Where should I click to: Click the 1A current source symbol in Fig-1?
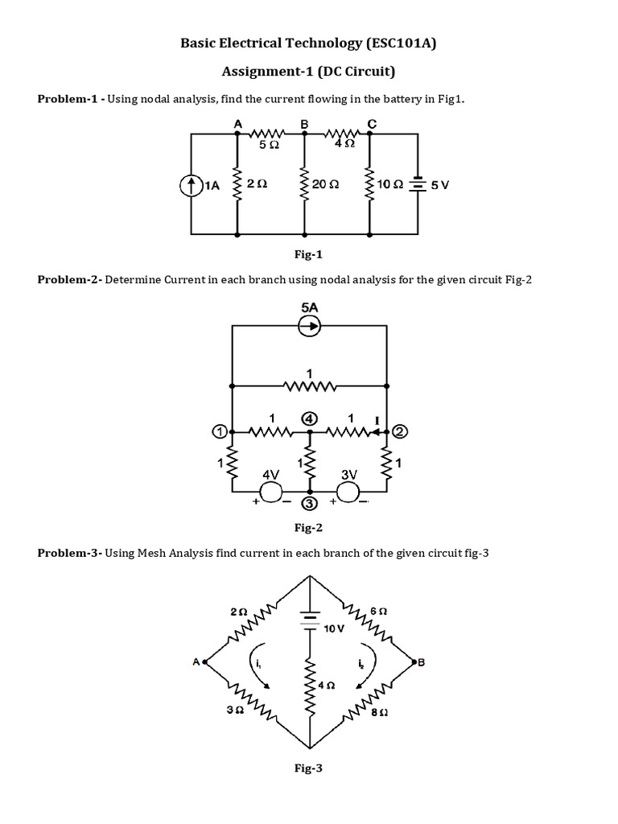tap(192, 185)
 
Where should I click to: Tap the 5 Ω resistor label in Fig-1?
tap(270, 146)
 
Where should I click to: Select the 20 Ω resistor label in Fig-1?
tap(326, 184)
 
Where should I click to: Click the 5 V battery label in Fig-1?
tap(440, 184)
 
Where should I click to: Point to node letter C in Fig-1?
tap(370, 123)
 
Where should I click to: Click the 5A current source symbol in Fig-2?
tap(310, 326)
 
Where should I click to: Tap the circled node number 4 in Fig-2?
tap(309, 418)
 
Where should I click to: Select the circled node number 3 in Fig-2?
tap(310, 505)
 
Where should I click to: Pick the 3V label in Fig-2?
tap(348, 475)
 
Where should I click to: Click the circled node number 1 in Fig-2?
tap(219, 432)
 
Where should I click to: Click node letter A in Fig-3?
tap(196, 661)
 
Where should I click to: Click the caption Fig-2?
tap(308, 529)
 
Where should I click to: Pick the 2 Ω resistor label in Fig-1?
tap(257, 184)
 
